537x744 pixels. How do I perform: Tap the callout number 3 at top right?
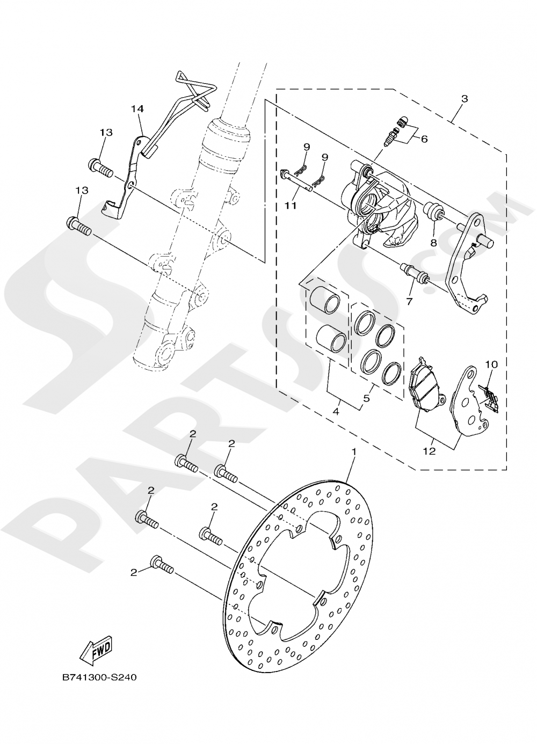pos(464,99)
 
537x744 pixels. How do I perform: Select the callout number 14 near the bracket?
pos(137,109)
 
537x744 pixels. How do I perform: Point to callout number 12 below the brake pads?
pos(429,451)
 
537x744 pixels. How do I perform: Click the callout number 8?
pos(433,242)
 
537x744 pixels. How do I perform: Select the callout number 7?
pos(409,302)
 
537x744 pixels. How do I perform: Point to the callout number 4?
pos(335,412)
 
